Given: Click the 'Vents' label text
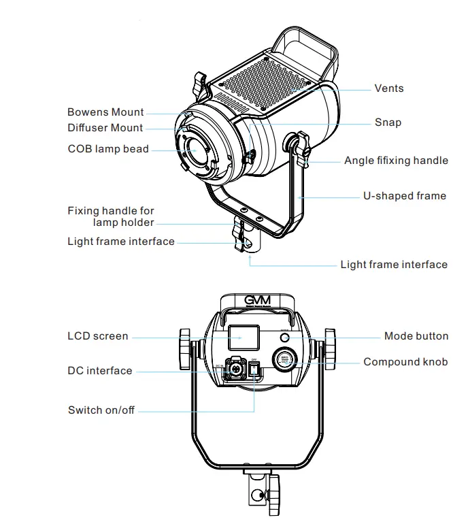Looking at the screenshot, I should [x=388, y=88].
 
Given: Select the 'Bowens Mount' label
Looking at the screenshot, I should [x=105, y=112].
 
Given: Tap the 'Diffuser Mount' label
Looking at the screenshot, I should [x=105, y=128].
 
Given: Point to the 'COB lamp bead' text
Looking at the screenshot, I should [x=108, y=149].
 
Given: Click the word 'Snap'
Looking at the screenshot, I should [x=388, y=123].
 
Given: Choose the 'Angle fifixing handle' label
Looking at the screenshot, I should [x=396, y=161].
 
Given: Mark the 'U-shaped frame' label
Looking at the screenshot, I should [x=404, y=196].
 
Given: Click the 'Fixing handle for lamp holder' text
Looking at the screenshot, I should [x=111, y=216].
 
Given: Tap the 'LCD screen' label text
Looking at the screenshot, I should [x=98, y=336].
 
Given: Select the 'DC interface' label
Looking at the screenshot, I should [x=100, y=371].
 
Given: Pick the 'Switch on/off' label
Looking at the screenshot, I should [x=101, y=410].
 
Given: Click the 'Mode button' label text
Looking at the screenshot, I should [x=416, y=336].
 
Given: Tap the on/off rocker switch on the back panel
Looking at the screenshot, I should [x=254, y=369].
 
